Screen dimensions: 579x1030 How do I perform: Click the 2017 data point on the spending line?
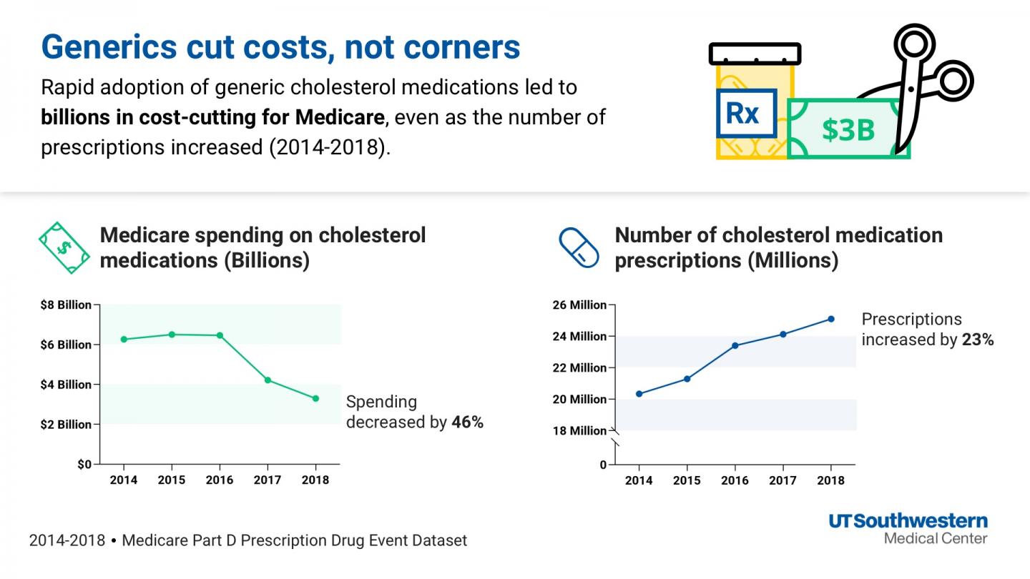point(268,380)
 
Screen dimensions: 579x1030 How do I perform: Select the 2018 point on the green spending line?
point(315,398)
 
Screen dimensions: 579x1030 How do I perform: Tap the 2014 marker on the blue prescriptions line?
point(639,394)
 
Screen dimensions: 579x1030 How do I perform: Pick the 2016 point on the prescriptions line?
point(735,345)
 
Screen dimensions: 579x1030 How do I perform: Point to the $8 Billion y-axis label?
point(65,305)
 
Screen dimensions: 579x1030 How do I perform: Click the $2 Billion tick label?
point(65,425)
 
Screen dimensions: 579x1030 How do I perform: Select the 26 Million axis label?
point(579,305)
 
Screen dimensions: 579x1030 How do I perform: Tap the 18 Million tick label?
point(579,431)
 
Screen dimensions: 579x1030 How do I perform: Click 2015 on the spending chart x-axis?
point(172,480)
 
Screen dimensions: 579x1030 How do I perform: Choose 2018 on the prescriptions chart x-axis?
point(830,481)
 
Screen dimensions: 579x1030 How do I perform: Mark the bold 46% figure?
point(468,422)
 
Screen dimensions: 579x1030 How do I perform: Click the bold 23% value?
point(978,340)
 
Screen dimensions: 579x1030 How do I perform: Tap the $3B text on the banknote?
point(848,130)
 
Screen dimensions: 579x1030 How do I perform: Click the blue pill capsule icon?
point(578,247)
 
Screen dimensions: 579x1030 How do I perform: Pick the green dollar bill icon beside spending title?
point(64,247)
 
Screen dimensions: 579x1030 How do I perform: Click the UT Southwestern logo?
point(908,528)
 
